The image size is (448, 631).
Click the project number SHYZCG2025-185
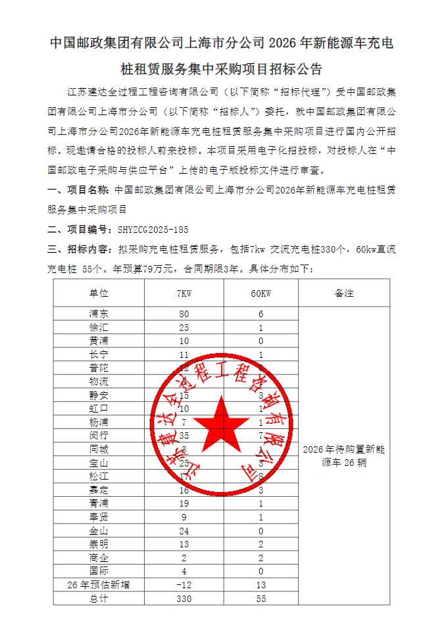point(152,230)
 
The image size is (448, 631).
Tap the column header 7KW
point(184,293)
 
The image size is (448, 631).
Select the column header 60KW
point(261,293)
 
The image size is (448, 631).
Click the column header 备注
point(343,293)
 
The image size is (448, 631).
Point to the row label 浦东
point(99,314)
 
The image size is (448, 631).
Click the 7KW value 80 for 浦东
point(184,314)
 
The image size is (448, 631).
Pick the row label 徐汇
point(99,328)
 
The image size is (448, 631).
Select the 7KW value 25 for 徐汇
point(184,328)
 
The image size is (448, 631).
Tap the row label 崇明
point(99,544)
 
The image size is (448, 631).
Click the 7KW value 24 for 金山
point(184,530)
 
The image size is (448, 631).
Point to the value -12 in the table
point(184,585)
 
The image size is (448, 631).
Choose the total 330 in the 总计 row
point(184,599)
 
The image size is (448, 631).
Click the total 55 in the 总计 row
point(261,599)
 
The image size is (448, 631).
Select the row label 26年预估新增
point(99,585)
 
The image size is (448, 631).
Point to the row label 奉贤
point(99,517)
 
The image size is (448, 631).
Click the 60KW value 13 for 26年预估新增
point(261,585)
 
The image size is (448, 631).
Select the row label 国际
point(99,571)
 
